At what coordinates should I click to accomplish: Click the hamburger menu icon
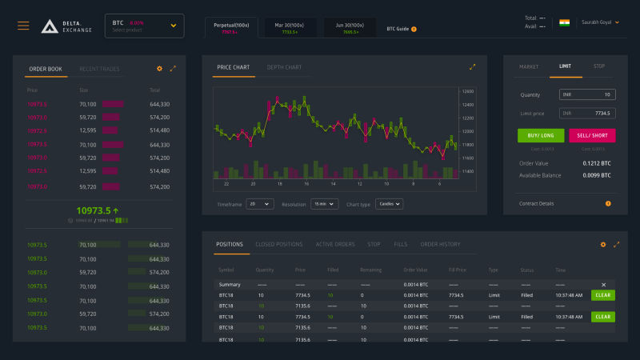(x=23, y=26)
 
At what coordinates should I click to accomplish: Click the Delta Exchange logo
(x=66, y=26)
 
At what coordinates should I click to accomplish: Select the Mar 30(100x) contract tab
(x=290, y=28)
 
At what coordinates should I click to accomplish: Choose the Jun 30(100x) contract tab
(x=350, y=28)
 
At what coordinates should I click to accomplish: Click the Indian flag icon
(x=564, y=22)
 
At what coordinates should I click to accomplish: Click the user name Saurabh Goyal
(x=599, y=22)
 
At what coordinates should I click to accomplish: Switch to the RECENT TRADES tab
(x=99, y=69)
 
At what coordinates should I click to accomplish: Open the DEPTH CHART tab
(x=284, y=67)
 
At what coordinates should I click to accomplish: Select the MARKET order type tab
(x=529, y=66)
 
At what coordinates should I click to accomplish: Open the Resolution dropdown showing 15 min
(x=324, y=204)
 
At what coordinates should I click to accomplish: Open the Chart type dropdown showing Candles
(x=389, y=204)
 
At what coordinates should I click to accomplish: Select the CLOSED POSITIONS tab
(x=278, y=244)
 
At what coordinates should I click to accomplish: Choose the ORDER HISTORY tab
(x=440, y=244)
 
